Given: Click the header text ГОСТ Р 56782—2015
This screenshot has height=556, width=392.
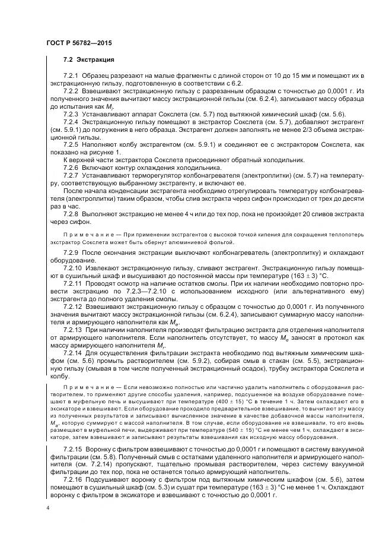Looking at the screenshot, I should [x=79, y=45].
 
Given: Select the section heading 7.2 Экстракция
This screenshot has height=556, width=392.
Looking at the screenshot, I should [x=88, y=61].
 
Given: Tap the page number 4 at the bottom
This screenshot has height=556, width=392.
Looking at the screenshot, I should [x=47, y=508].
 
